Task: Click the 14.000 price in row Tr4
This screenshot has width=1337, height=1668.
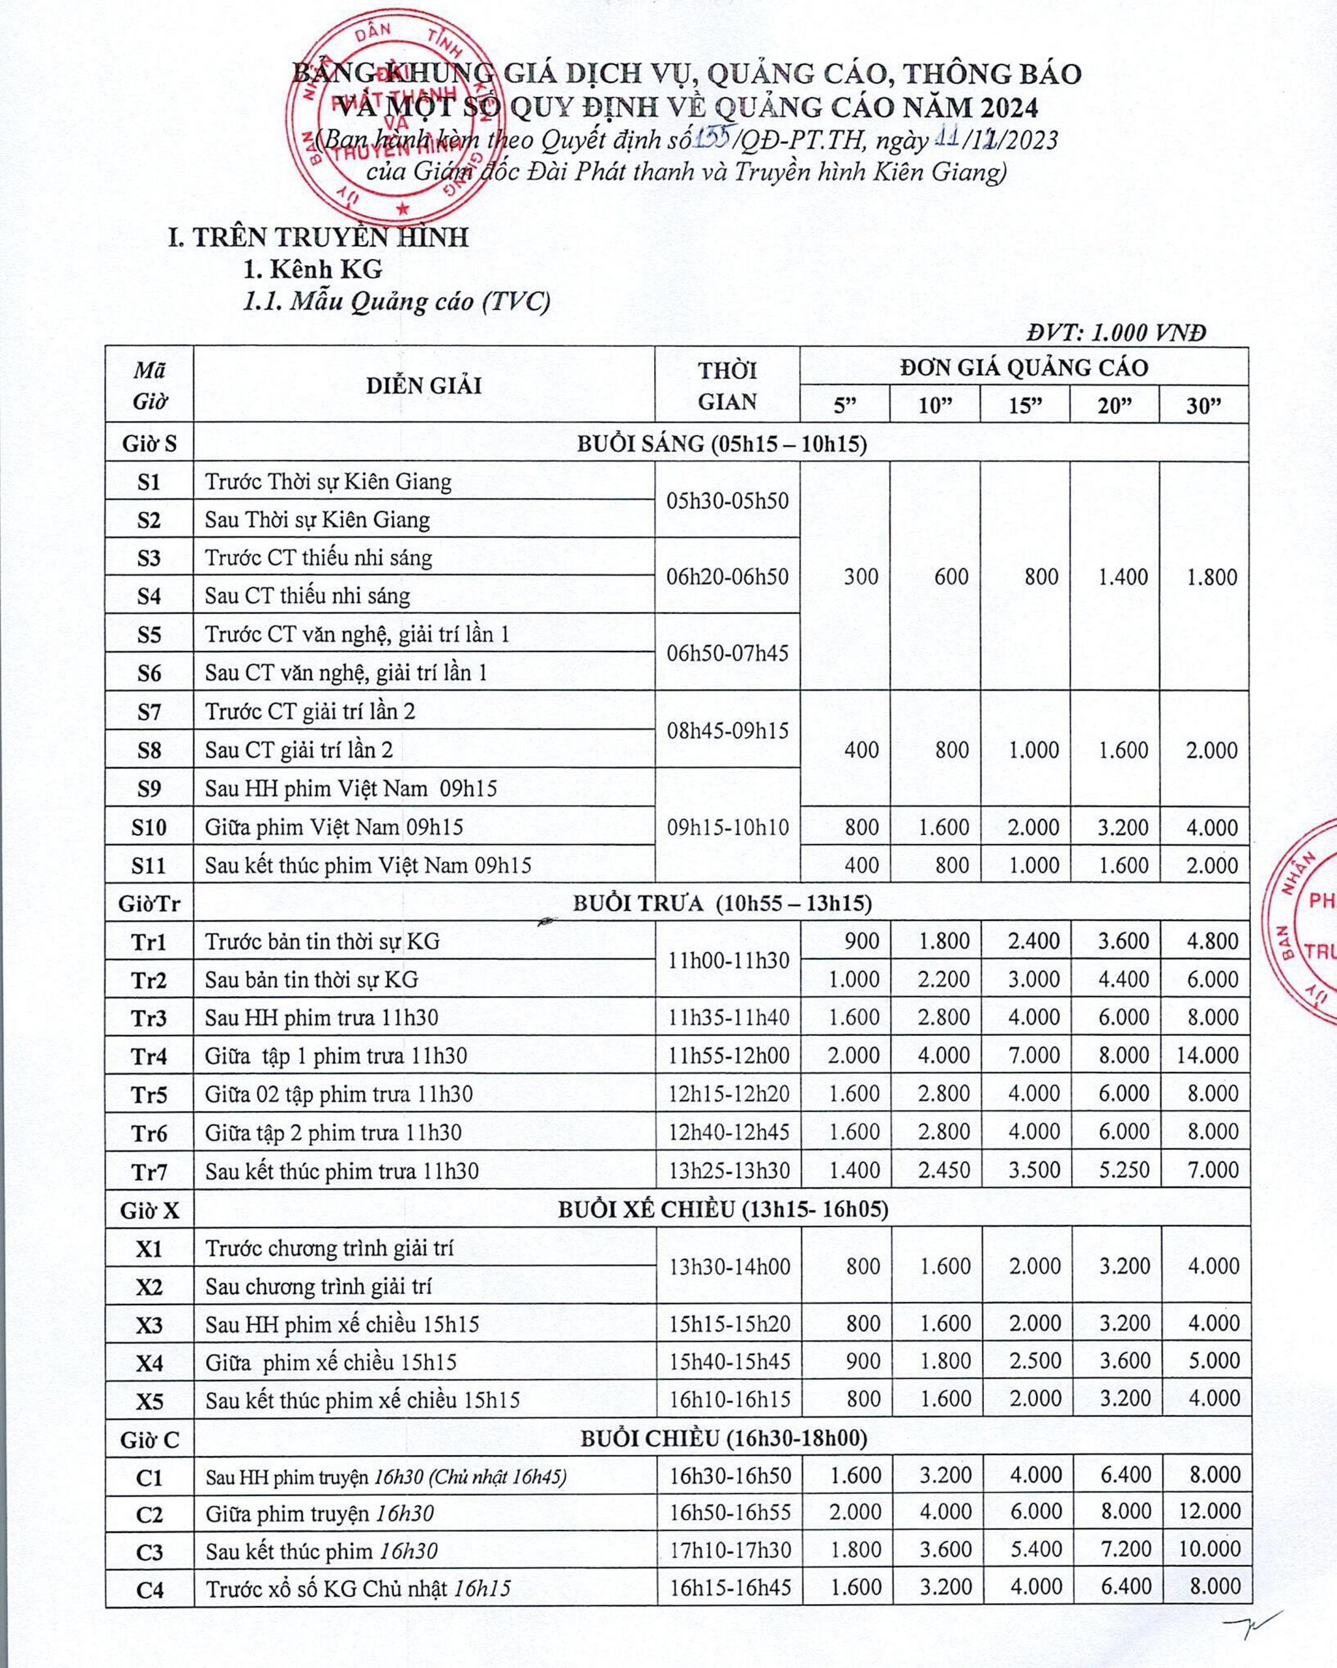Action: [1207, 1056]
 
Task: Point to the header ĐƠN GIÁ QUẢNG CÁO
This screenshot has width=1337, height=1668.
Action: [1024, 367]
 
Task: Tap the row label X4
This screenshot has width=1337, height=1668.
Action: [149, 1362]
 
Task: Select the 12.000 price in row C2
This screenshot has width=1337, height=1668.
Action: [1210, 1511]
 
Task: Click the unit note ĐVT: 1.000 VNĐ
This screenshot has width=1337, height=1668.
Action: [1115, 333]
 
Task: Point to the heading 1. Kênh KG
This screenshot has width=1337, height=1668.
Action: [313, 268]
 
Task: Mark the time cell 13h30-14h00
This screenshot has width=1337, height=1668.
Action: [730, 1267]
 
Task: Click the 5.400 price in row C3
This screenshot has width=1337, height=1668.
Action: [1035, 1549]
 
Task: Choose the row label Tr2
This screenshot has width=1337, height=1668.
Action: [149, 979]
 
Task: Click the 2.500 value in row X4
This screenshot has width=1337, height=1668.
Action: [1035, 1361]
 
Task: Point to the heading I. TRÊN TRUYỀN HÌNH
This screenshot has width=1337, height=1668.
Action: [318, 237]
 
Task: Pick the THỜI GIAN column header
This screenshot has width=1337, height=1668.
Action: [727, 385]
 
